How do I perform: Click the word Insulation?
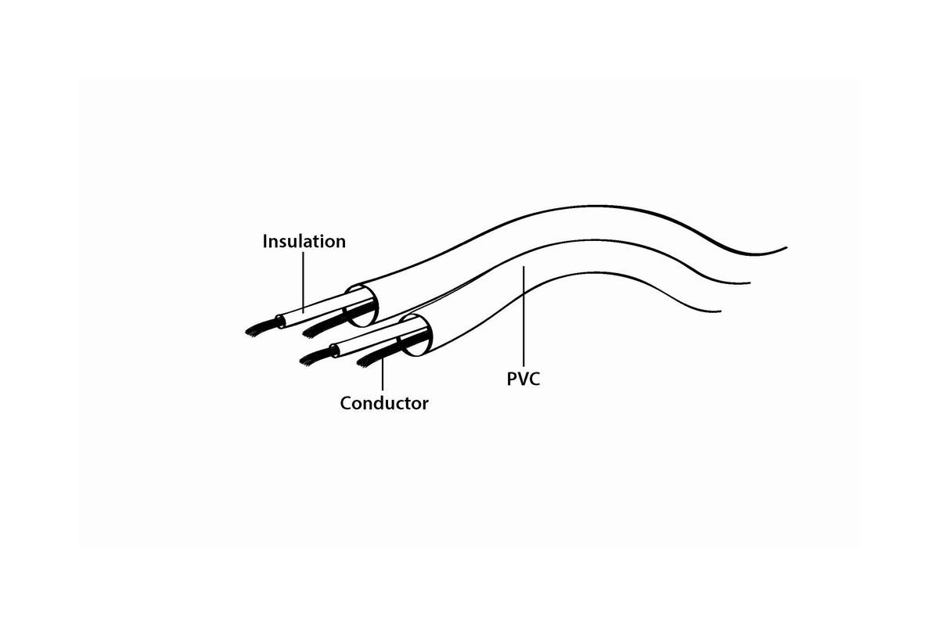[304, 242]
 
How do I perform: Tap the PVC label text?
[523, 379]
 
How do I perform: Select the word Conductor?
[384, 403]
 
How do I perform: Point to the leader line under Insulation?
[303, 282]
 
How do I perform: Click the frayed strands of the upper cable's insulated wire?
[261, 327]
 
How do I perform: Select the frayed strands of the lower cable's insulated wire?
[315, 358]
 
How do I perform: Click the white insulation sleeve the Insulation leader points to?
[318, 308]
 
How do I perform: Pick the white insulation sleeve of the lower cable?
[369, 340]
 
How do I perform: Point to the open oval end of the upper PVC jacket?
[362, 306]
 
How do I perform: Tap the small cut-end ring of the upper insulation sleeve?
[279, 321]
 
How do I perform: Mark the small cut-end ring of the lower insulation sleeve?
[335, 351]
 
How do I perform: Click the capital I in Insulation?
[265, 242]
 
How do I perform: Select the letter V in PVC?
[523, 379]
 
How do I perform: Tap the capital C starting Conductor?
[346, 403]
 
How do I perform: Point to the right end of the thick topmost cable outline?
[786, 248]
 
